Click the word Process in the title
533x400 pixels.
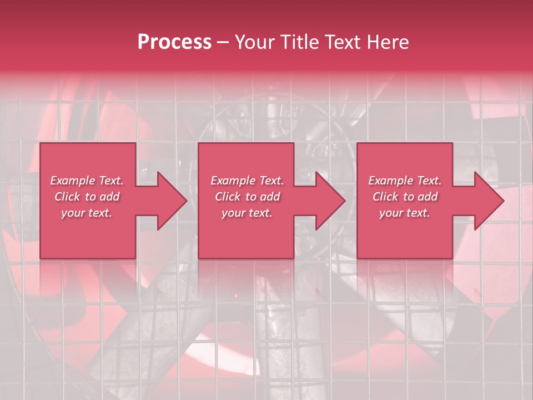174,42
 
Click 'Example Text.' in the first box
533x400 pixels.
87,181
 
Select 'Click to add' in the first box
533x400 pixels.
87,197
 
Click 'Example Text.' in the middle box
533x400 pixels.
247,181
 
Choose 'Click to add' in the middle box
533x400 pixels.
247,197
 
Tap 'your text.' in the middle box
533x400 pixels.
247,213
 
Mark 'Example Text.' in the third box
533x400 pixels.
405,181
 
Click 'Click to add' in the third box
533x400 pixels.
405,197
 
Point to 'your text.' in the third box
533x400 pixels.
405,213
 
